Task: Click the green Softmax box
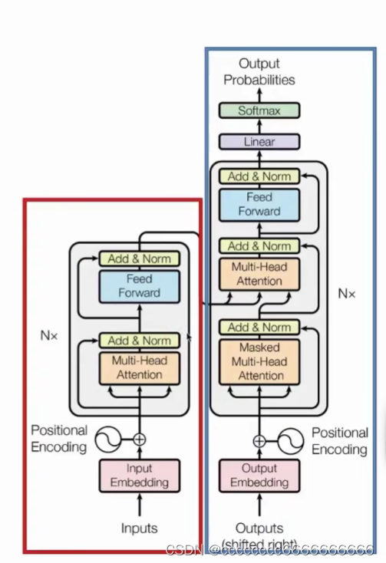[259, 110]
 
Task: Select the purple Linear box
[259, 142]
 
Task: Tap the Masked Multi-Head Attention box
[259, 362]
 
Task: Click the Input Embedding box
[140, 476]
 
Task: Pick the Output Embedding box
[259, 476]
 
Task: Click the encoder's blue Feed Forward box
[139, 286]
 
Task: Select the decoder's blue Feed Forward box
[259, 205]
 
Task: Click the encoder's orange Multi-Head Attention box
[139, 367]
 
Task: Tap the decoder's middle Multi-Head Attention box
[259, 274]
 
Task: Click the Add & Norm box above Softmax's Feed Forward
[259, 176]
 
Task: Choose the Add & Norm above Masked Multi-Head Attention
[259, 328]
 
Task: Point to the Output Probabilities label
[259, 71]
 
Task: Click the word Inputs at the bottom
[140, 528]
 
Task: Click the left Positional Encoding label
[59, 439]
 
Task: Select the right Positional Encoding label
[339, 441]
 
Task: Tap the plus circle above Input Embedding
[140, 440]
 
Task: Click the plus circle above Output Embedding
[259, 441]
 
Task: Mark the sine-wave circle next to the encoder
[108, 440]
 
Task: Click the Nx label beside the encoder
[49, 335]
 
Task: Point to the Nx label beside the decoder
[347, 293]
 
